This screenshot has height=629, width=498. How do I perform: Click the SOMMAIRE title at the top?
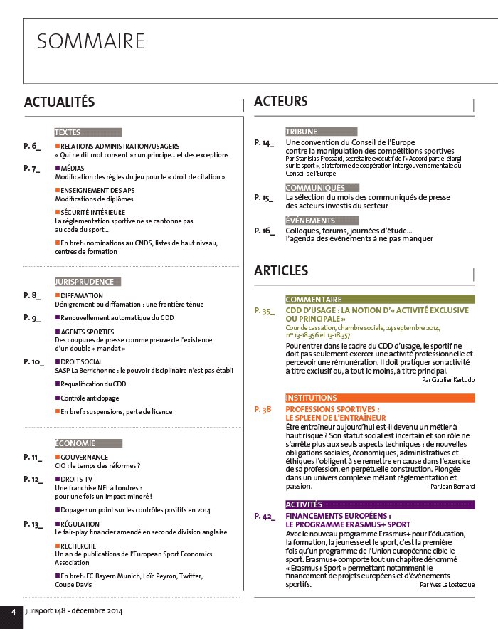click(90, 41)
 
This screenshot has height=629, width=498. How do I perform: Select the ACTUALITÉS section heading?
click(59, 102)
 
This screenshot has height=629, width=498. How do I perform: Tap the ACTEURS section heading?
click(280, 102)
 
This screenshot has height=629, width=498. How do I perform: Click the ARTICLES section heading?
click(281, 270)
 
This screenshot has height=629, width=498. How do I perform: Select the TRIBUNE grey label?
click(302, 132)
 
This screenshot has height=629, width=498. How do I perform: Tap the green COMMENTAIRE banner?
click(379, 300)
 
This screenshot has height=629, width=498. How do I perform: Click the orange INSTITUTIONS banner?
click(379, 398)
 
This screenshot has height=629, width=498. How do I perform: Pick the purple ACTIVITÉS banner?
click(379, 504)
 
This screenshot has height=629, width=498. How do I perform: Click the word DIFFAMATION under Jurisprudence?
click(82, 295)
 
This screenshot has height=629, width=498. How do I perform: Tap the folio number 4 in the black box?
click(11, 613)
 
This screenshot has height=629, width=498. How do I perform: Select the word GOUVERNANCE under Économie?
click(85, 457)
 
